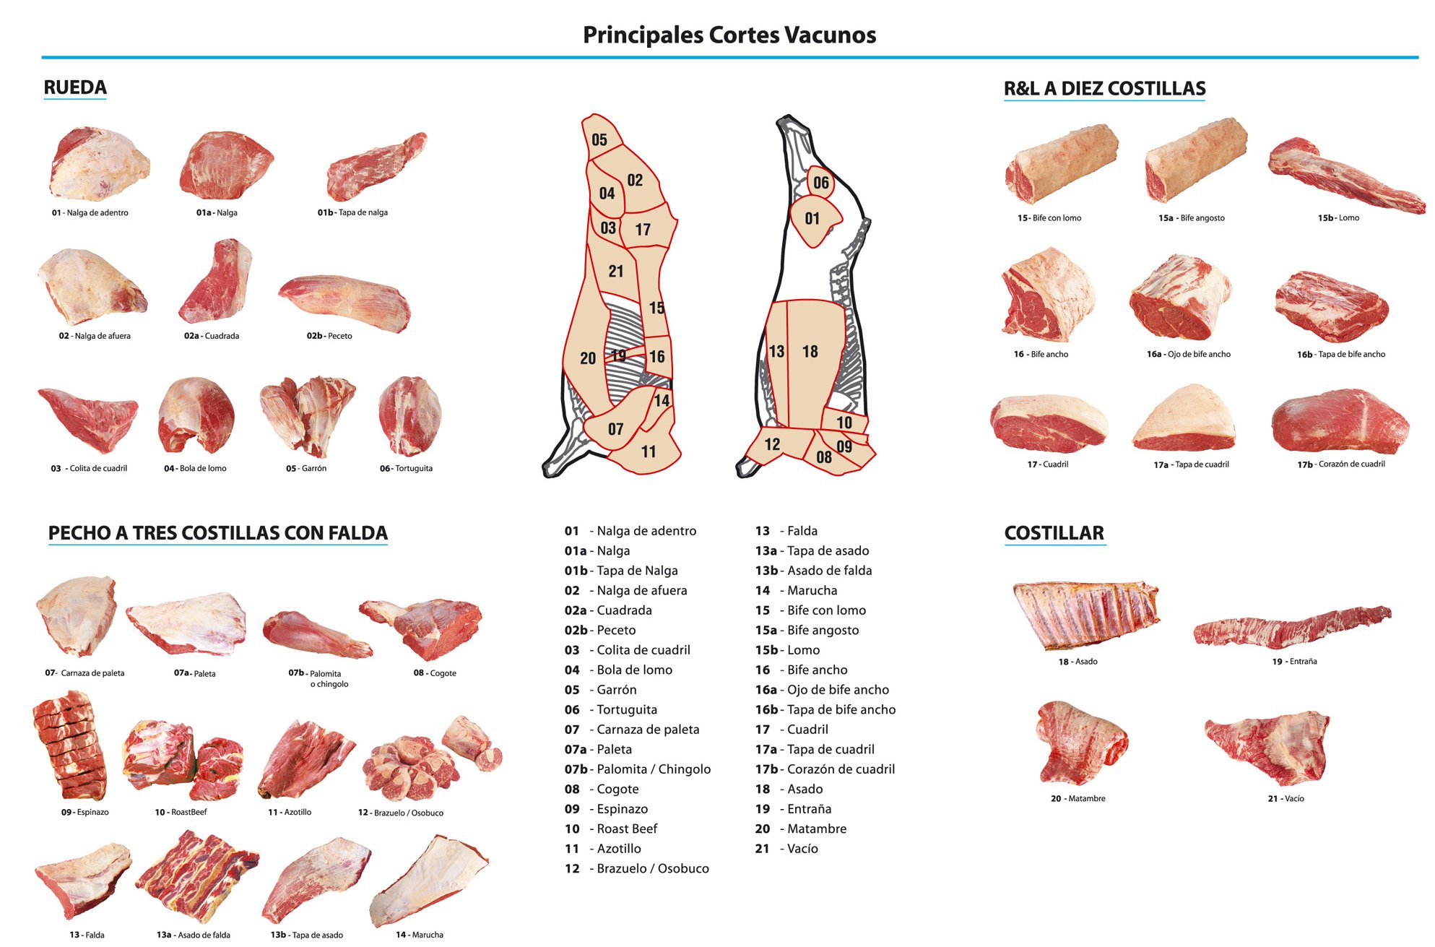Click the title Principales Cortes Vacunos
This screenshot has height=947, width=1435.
click(729, 35)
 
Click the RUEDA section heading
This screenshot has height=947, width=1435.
click(75, 87)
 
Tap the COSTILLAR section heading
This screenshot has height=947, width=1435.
click(1054, 533)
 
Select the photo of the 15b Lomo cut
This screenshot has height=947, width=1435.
click(1345, 177)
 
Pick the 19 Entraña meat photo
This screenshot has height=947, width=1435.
click(1291, 627)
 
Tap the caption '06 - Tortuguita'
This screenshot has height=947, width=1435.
click(406, 468)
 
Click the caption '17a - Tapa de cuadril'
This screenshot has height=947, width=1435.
click(1191, 464)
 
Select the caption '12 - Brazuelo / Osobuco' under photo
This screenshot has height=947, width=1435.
click(401, 813)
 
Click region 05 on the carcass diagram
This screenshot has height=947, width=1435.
click(599, 139)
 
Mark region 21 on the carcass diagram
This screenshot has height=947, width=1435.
click(615, 271)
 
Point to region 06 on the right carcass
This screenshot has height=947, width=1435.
click(821, 182)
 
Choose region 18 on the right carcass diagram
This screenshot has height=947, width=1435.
click(810, 352)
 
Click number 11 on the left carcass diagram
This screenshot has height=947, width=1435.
click(649, 451)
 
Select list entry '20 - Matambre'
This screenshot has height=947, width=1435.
click(800, 829)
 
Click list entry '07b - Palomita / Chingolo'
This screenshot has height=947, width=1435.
click(638, 769)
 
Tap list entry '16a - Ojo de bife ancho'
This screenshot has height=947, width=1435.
click(822, 690)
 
